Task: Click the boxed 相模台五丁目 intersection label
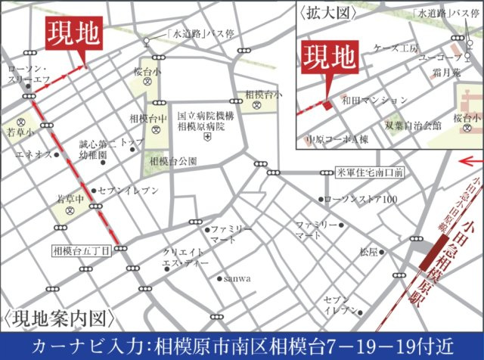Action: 82,249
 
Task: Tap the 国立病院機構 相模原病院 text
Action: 201,123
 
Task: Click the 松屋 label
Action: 368,251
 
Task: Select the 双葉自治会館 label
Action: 412,126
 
